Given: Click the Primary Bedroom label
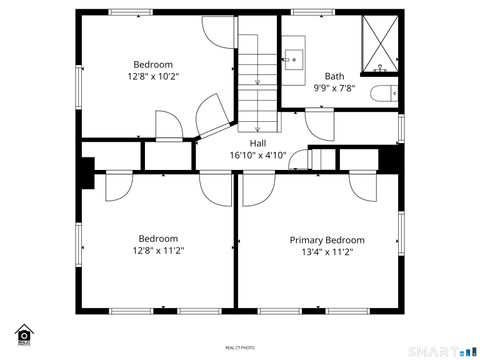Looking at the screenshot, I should tap(327, 240).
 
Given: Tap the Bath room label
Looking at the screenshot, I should tap(334, 76).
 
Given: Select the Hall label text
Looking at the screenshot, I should tap(258, 143).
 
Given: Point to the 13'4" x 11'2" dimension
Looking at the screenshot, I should tap(327, 252).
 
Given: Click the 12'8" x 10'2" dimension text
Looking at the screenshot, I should tap(154, 76).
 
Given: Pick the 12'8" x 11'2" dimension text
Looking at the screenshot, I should tap(158, 251).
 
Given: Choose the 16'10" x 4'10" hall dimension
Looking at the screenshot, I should tap(258, 155).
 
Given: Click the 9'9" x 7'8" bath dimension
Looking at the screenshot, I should tap(334, 88).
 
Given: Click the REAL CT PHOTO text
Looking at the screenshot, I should tap(240, 347).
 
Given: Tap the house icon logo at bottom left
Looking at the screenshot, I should tap(22, 334).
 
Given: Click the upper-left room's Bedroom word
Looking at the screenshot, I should tap(154, 64).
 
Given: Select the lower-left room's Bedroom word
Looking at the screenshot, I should tap(158, 239).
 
